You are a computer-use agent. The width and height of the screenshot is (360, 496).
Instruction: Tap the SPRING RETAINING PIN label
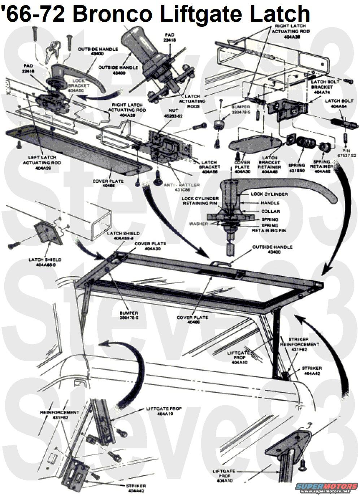(x=269, y=228)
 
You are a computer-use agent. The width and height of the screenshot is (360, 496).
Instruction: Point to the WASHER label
(x=198, y=224)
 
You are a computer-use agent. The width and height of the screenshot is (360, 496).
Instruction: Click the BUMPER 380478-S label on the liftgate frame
(x=129, y=315)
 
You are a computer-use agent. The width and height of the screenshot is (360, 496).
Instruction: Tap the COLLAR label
(x=270, y=211)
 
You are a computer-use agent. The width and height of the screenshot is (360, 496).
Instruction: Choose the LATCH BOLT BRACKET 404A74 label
(x=325, y=87)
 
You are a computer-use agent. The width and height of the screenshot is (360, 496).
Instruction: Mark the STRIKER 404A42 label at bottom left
(x=136, y=488)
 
